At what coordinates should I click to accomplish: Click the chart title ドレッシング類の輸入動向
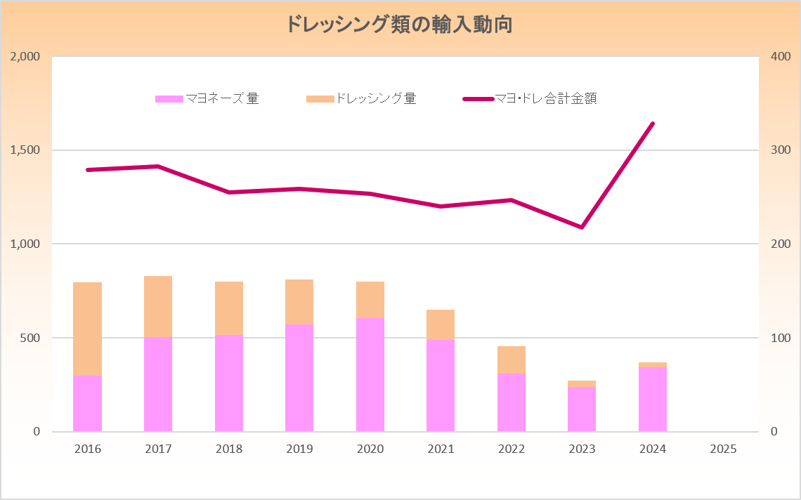(x=398, y=25)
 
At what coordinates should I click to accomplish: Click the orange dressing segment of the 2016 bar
(x=88, y=329)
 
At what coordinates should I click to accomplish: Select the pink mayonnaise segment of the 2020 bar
(x=370, y=374)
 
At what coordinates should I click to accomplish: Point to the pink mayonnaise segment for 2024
(x=653, y=399)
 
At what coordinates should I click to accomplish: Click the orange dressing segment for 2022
(x=512, y=360)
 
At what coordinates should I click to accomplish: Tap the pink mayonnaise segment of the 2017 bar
(x=158, y=384)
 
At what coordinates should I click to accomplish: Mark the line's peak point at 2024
(x=653, y=124)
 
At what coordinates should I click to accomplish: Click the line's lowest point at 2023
(x=582, y=228)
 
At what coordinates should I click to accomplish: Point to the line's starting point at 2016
(x=88, y=170)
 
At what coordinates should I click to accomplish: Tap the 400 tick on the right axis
(x=781, y=56)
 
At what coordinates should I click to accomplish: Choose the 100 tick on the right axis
(x=781, y=338)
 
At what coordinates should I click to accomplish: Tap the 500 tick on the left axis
(x=30, y=338)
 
